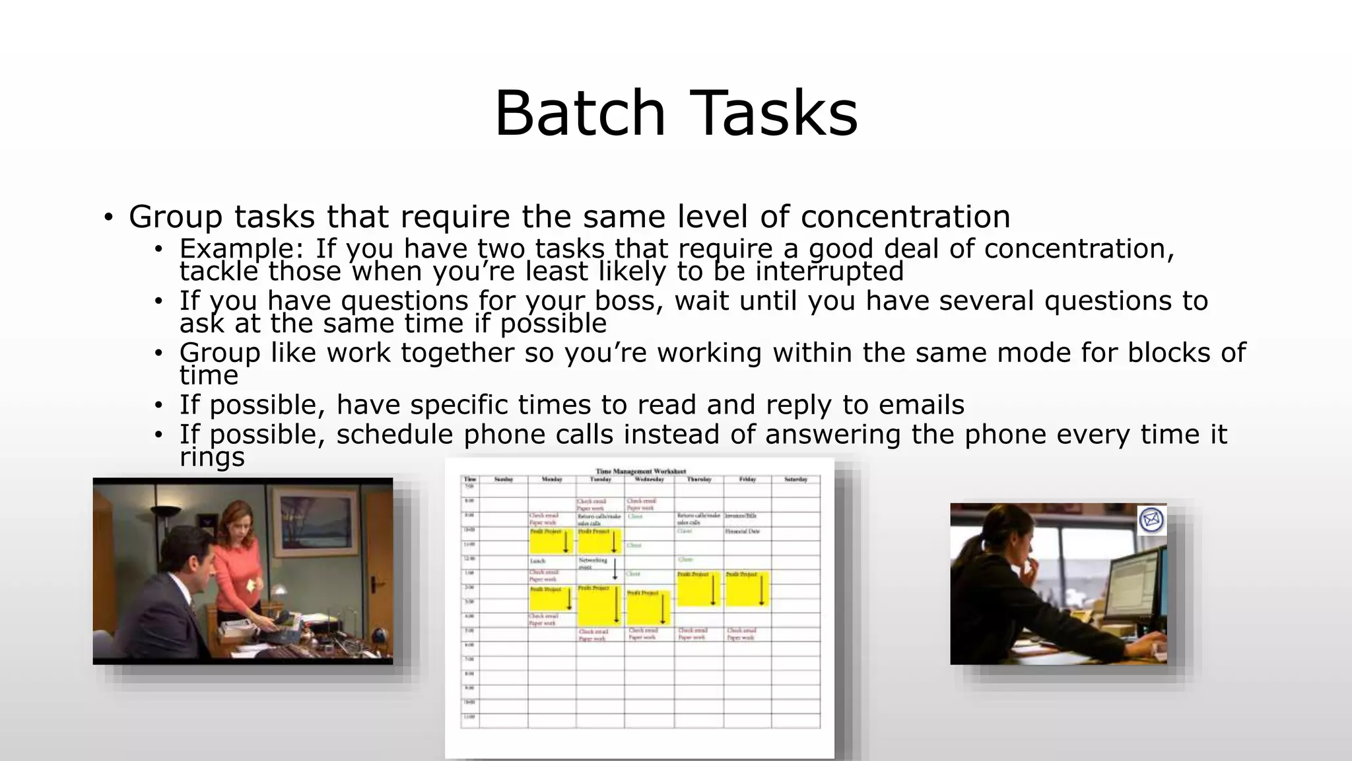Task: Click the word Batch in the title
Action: (580, 114)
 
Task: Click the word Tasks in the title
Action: (774, 114)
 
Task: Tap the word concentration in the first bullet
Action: (905, 217)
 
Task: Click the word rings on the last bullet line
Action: (212, 457)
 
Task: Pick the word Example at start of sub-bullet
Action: (240, 249)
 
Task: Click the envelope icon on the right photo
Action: (1151, 521)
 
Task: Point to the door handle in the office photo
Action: (378, 583)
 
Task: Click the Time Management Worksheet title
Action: (640, 472)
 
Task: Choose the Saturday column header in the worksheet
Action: (795, 480)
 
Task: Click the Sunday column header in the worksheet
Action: (504, 480)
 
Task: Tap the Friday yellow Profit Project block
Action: (747, 589)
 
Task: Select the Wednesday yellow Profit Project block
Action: (648, 608)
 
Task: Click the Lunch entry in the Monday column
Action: (537, 561)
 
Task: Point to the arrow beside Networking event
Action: (615, 569)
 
